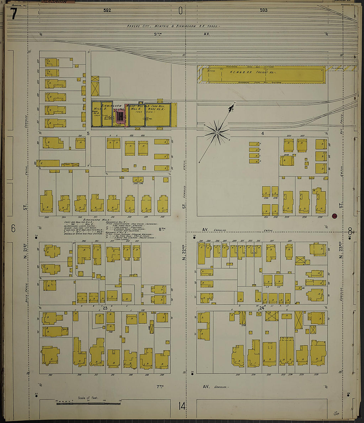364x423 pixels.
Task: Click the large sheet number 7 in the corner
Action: [13, 14]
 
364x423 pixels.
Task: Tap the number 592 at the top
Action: [107, 10]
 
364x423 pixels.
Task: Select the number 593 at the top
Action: [263, 10]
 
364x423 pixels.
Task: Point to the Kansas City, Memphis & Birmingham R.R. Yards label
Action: [173, 26]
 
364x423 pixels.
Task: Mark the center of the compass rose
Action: [217, 133]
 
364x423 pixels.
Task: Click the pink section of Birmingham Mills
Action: [120, 116]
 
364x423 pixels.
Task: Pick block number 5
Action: [88, 134]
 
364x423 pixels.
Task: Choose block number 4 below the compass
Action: [262, 134]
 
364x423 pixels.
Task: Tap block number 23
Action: [105, 308]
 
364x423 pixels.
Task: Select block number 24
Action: [262, 308]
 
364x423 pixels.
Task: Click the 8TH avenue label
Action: [162, 229]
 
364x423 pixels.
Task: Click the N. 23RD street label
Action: [341, 250]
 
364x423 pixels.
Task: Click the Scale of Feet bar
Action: [88, 403]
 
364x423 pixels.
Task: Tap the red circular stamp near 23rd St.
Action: [335, 216]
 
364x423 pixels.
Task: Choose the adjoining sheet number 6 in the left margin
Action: [13, 228]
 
